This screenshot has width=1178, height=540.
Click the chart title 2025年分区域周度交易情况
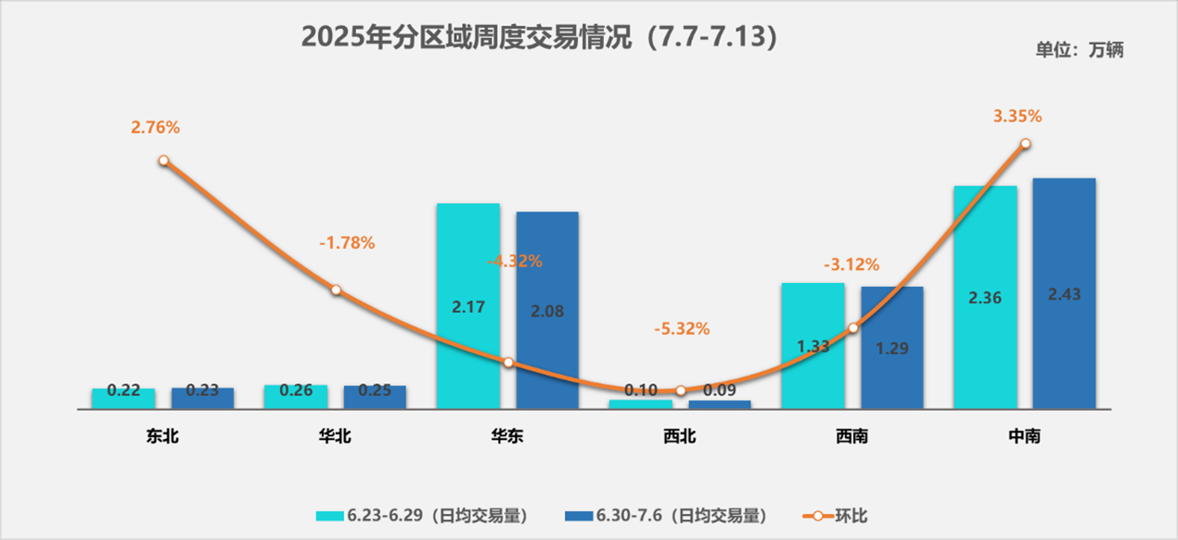click(x=539, y=36)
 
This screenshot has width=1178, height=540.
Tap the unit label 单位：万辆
click(x=1079, y=51)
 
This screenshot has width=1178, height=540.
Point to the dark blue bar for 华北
click(x=375, y=398)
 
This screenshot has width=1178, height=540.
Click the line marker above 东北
click(x=163, y=161)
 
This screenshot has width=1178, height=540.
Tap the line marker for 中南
click(x=1025, y=144)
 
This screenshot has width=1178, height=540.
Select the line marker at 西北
click(x=680, y=392)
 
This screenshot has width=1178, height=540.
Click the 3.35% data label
click(x=1018, y=116)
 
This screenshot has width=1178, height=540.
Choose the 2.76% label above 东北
click(x=155, y=128)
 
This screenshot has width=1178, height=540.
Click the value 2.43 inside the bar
click(x=1064, y=294)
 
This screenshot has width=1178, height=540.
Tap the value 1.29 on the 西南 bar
click(x=891, y=350)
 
